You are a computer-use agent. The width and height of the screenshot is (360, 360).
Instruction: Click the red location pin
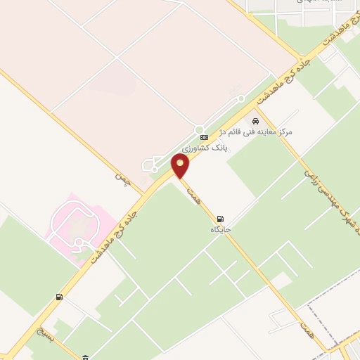tap(181, 167)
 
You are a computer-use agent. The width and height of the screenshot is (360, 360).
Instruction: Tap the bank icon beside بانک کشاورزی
tap(204, 137)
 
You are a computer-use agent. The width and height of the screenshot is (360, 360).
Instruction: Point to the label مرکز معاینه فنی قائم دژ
tap(265, 131)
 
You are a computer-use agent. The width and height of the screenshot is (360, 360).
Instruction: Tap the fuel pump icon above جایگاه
tap(221, 218)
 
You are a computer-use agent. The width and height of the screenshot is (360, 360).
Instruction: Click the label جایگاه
tap(221, 229)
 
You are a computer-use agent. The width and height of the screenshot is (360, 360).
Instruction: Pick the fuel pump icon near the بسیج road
tap(58, 297)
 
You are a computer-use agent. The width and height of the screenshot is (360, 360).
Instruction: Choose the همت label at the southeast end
tap(304, 325)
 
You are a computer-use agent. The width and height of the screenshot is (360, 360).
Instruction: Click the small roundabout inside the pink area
tap(79, 243)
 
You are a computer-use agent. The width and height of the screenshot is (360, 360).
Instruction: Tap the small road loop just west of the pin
tap(150, 166)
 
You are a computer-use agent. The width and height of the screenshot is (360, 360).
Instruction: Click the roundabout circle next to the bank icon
tap(240, 98)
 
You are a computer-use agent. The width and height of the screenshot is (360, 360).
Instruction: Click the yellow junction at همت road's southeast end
tap(330, 350)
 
